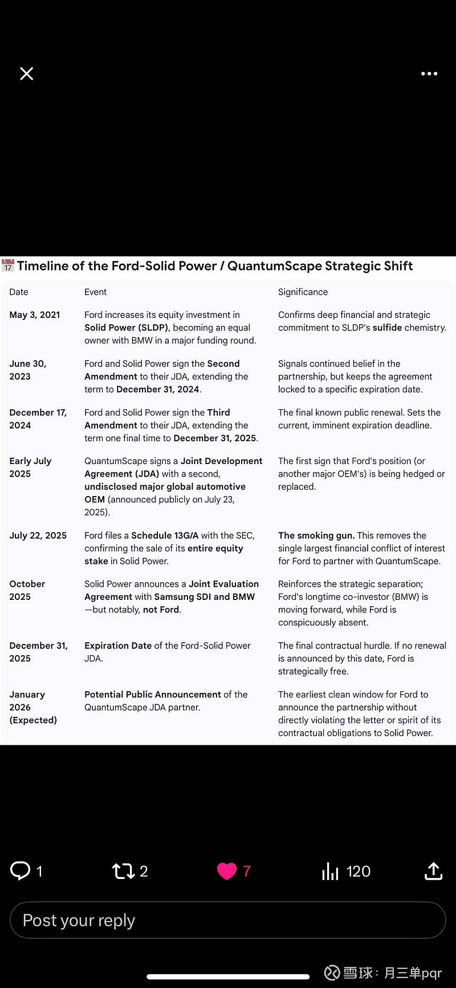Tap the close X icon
click(27, 74)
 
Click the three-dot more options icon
click(429, 74)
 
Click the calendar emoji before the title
click(8, 265)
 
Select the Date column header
click(19, 292)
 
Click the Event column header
click(95, 292)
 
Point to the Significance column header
click(303, 292)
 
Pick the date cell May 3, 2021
click(35, 314)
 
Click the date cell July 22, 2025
click(38, 535)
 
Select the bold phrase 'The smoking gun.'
click(316, 535)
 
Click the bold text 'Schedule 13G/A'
click(165, 535)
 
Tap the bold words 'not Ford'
click(161, 610)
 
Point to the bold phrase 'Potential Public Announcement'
click(153, 694)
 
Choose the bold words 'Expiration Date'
click(118, 646)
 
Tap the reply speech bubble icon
click(21, 870)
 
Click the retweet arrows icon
click(123, 871)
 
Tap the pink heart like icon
click(227, 871)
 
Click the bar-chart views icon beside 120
click(330, 871)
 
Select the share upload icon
click(433, 871)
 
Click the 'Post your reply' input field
click(228, 920)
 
